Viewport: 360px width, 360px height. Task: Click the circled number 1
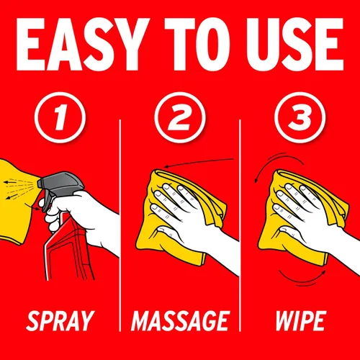[60, 117]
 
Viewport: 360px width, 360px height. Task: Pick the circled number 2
[180, 117]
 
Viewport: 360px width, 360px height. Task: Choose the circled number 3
[300, 117]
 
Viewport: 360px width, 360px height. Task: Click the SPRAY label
[60, 321]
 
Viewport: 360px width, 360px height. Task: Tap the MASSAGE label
[181, 321]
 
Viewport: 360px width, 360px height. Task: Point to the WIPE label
[301, 321]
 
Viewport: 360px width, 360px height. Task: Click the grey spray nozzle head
[60, 186]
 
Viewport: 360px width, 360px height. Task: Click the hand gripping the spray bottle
[79, 216]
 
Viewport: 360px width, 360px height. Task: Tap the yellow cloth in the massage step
[178, 216]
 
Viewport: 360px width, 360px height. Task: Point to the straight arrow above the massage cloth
[199, 162]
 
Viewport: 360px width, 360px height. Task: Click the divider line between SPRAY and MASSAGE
[120, 225]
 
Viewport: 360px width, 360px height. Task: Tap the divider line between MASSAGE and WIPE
[240, 225]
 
